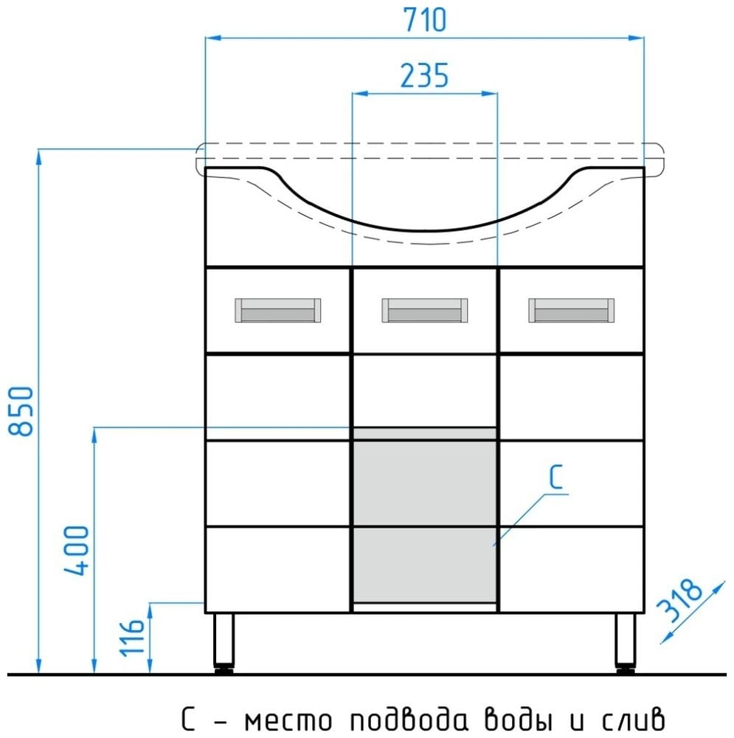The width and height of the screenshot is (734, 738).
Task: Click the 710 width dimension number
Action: [x=425, y=20]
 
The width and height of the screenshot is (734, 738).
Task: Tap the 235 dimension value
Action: [x=424, y=75]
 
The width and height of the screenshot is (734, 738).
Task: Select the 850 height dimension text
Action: [x=21, y=411]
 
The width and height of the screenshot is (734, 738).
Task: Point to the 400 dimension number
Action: [x=76, y=551]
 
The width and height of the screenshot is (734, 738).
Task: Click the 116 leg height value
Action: [x=132, y=638]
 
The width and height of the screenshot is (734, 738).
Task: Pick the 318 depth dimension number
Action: [x=679, y=599]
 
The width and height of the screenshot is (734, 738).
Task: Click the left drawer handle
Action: [x=278, y=310]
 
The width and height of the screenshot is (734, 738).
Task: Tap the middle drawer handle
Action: [x=425, y=310]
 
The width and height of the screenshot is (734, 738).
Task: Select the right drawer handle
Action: [x=571, y=310]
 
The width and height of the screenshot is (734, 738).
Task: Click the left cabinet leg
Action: [x=224, y=643]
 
